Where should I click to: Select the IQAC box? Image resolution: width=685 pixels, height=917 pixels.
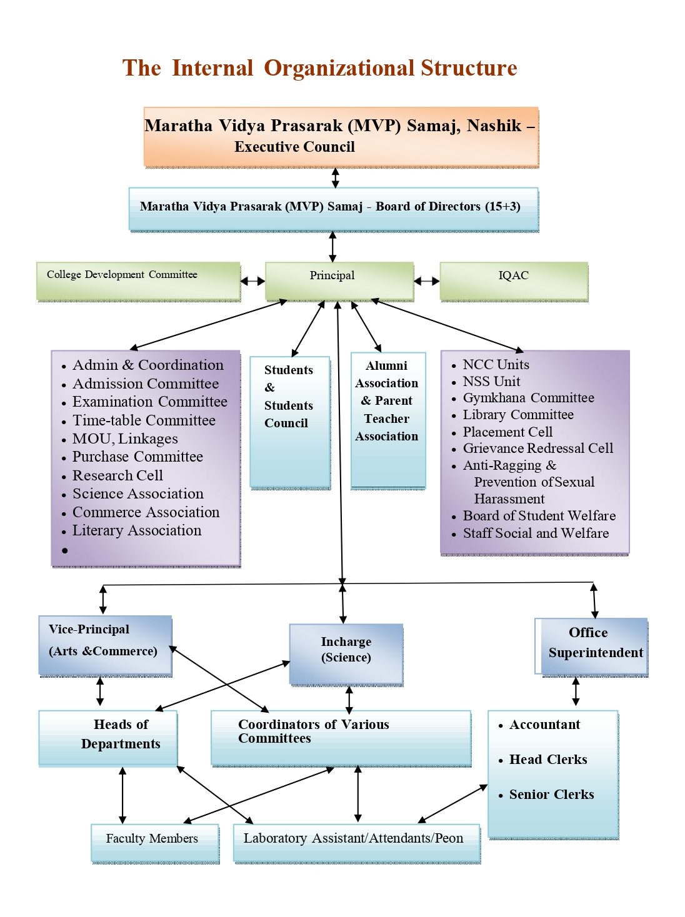[513, 280]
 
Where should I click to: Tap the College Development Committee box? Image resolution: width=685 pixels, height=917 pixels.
[138, 280]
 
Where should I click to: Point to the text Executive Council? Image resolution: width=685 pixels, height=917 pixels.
[294, 147]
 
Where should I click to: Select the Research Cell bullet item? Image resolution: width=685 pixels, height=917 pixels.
[117, 475]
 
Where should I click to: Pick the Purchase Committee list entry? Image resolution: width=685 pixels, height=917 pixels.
[137, 457]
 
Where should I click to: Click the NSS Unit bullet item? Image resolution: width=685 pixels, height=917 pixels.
[491, 381]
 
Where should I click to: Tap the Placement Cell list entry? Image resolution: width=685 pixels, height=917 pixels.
[507, 432]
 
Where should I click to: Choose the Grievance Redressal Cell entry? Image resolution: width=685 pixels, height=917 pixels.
[537, 449]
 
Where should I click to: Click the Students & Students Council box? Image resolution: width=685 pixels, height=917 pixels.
[289, 421]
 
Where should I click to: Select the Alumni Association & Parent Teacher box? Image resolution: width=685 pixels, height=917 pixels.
[387, 420]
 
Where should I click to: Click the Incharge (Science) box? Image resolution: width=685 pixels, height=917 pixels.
[346, 653]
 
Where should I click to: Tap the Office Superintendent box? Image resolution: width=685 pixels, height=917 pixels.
[592, 646]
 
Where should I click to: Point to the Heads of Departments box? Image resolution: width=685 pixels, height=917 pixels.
[108, 738]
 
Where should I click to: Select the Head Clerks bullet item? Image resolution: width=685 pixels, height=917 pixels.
[548, 760]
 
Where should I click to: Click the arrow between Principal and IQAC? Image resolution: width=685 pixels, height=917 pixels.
[427, 281]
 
